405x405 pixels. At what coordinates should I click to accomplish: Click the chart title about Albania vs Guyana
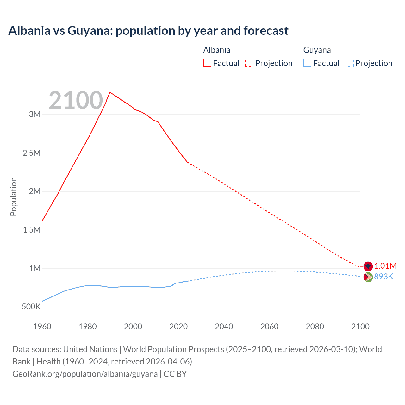pos(148,31)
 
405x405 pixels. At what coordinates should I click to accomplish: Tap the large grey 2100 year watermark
pos(76,100)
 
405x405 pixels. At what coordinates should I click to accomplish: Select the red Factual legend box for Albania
pos(207,63)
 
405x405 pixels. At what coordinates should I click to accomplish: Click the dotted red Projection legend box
pos(249,63)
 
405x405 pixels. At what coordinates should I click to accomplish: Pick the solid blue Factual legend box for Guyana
pos(307,63)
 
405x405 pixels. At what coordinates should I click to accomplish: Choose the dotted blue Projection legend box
pos(349,63)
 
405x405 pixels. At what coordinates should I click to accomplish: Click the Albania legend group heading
pos(216,50)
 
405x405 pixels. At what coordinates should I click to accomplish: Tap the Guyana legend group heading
pos(317,50)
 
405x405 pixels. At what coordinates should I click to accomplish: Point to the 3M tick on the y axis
pos(35,114)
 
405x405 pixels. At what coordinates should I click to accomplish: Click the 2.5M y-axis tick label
pos(32,153)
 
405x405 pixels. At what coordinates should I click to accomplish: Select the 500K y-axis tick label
pos(31,307)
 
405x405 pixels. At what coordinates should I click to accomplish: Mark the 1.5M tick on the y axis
pos(32,230)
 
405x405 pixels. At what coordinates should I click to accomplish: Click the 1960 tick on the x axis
pos(42,327)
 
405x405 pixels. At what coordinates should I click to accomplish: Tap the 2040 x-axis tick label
pos(224,327)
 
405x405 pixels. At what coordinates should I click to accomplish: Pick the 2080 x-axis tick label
pos(315,327)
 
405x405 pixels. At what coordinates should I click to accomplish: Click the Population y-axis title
pos(13,196)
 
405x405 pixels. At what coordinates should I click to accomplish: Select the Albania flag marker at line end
pos(368,266)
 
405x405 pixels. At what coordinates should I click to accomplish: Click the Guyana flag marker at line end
pos(368,277)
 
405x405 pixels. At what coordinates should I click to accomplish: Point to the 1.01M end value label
pos(385,266)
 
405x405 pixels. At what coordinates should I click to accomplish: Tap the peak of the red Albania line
pos(110,92)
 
